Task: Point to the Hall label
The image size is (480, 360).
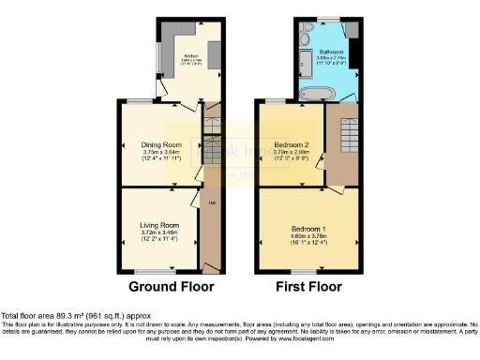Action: [x=212, y=202]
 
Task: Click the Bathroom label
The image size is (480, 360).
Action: [x=331, y=52]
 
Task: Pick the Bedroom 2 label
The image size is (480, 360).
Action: [x=292, y=145]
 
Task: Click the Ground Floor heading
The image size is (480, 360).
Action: [x=171, y=286]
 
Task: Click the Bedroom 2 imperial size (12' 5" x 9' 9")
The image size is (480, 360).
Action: [x=292, y=159]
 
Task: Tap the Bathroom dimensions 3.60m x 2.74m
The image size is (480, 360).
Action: [x=331, y=58]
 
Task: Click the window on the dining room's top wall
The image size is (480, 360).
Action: [x=141, y=100]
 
